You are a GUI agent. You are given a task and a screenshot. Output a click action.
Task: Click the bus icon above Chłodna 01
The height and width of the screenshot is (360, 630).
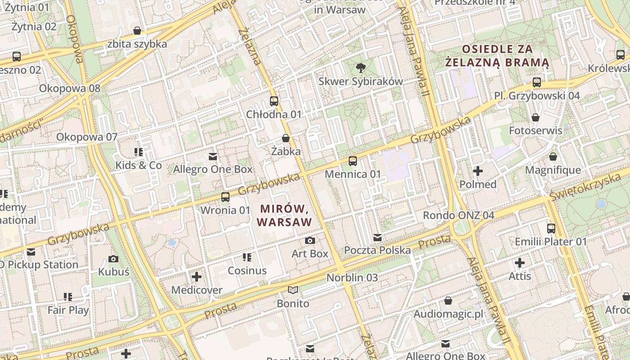click(274, 101)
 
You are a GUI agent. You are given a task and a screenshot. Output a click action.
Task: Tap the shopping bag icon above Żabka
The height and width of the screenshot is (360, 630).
click(285, 138)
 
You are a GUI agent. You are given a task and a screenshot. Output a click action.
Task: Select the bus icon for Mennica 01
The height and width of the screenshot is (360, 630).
click(353, 161)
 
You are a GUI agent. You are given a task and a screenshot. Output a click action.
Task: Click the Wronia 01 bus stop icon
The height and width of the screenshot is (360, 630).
click(225, 197)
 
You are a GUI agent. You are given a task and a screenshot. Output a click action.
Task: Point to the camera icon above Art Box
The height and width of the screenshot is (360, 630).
click(310, 241)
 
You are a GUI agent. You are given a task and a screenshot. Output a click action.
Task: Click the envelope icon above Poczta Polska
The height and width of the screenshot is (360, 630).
click(377, 237)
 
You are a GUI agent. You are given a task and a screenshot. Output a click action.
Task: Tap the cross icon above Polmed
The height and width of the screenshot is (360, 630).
click(478, 171)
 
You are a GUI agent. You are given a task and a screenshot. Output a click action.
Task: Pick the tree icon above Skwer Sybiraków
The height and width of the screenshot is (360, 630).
click(360, 68)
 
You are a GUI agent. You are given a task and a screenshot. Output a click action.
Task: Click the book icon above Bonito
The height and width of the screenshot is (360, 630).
click(293, 290)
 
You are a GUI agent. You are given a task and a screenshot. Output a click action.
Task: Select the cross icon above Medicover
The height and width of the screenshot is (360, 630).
click(197, 277)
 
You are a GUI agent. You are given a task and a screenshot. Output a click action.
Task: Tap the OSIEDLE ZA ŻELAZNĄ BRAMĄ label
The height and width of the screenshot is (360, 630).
click(497, 55)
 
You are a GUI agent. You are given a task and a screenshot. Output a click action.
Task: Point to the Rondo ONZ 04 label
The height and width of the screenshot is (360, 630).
click(459, 215)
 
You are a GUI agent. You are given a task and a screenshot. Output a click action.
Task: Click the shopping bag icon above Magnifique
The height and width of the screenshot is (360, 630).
click(553, 157)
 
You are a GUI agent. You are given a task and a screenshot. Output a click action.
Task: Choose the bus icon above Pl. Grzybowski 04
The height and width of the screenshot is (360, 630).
click(536, 82)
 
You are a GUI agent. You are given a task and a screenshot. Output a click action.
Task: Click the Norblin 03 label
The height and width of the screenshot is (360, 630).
click(352, 278)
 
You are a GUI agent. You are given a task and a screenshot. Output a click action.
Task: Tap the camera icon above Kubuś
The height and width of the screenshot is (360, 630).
click(113, 259)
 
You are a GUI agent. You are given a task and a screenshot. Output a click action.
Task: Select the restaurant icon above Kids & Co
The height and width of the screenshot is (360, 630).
click(138, 152)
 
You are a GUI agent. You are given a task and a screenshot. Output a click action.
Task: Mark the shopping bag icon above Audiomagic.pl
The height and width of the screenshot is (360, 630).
click(448, 300)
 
